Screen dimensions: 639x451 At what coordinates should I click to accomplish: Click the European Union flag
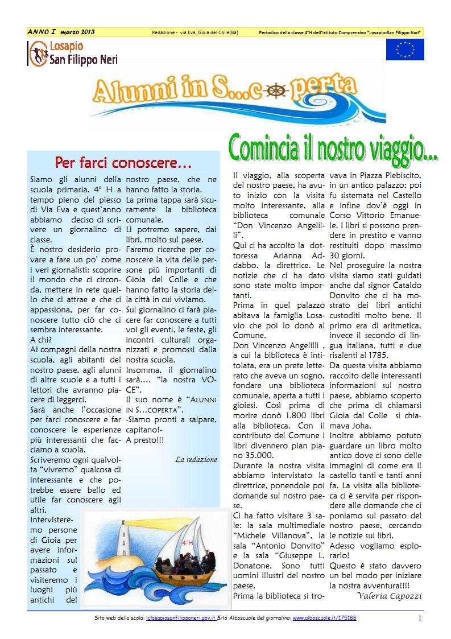click(404, 50)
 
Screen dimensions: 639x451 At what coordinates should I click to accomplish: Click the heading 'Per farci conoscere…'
click(123, 163)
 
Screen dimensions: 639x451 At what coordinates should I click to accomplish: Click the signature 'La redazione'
click(196, 459)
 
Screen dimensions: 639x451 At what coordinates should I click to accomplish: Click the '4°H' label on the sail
click(187, 543)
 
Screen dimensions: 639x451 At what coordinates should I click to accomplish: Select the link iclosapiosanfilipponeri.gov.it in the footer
click(181, 618)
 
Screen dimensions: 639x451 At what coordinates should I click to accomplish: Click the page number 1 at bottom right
click(419, 619)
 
